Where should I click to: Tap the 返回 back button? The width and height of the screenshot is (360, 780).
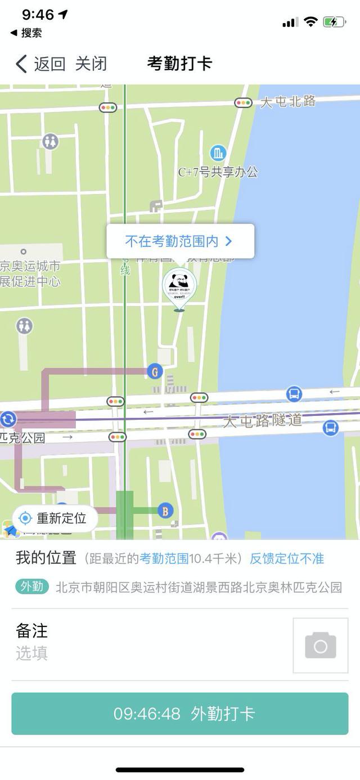click(40, 64)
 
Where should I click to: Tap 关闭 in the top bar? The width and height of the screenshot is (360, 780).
click(91, 64)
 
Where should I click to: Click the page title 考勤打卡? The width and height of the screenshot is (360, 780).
click(179, 64)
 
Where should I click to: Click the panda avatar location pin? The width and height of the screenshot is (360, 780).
click(179, 287)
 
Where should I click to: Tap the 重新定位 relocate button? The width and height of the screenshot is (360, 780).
click(54, 518)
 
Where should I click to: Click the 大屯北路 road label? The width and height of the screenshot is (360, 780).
click(287, 102)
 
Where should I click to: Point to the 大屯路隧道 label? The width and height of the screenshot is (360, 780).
click(263, 421)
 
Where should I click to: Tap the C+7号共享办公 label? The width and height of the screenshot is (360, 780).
click(218, 172)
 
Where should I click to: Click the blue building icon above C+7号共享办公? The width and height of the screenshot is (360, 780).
click(218, 153)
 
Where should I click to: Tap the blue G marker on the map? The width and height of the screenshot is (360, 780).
click(155, 371)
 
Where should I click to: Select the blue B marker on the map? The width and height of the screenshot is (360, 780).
click(165, 511)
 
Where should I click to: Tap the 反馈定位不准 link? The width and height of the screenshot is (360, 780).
click(287, 559)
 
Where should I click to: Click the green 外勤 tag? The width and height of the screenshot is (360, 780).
click(32, 587)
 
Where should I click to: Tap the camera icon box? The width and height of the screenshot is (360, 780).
click(321, 645)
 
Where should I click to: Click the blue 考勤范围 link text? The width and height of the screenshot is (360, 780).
click(164, 559)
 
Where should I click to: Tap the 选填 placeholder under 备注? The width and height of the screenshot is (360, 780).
click(32, 653)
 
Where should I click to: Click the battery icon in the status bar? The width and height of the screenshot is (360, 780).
click(334, 23)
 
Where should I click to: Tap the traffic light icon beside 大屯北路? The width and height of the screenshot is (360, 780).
click(244, 103)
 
